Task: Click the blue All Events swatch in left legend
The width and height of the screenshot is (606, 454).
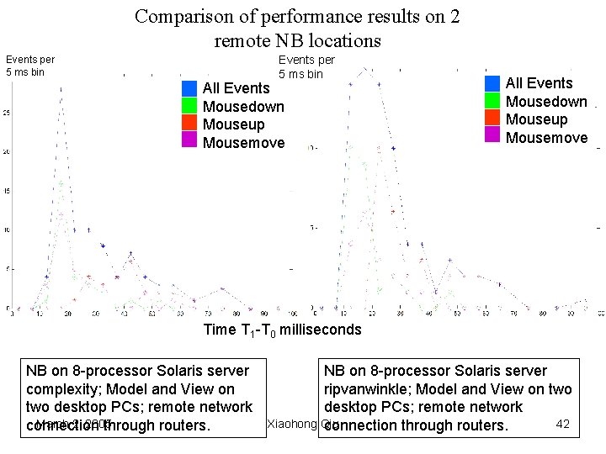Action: click(x=189, y=88)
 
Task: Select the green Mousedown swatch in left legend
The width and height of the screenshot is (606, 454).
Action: click(x=189, y=106)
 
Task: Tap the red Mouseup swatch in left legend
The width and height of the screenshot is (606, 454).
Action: click(x=189, y=124)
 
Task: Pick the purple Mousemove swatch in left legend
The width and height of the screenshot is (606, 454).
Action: click(x=189, y=141)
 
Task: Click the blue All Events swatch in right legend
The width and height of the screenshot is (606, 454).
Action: click(x=492, y=83)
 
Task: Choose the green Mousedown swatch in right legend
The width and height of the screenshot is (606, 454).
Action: click(x=492, y=101)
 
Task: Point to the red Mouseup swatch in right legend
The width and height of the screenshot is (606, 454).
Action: click(x=492, y=119)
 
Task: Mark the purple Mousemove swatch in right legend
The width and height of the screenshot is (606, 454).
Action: click(x=492, y=137)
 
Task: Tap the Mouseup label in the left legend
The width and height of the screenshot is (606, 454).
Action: click(x=234, y=124)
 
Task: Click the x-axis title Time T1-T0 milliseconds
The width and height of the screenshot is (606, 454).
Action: click(x=282, y=330)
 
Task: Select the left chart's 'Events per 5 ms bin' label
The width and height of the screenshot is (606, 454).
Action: click(x=29, y=65)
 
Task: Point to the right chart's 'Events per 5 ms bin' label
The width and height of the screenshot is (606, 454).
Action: click(x=306, y=66)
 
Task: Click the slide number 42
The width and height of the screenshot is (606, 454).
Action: click(x=563, y=424)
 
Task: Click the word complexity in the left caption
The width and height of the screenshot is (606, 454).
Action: click(x=63, y=389)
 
